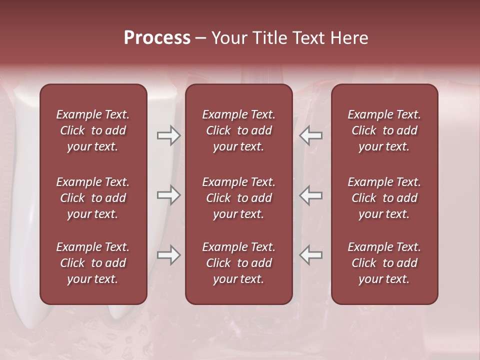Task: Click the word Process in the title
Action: [157, 38]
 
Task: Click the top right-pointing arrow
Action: [168, 135]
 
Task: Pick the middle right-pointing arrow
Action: [168, 195]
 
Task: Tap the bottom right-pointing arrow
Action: [168, 255]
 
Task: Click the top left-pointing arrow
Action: [311, 135]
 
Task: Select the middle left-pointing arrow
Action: [311, 195]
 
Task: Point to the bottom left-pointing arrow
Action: [311, 255]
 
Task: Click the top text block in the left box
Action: [93, 130]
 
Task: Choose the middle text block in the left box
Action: [93, 198]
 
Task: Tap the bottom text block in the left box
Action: [93, 263]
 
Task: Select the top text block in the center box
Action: [238, 130]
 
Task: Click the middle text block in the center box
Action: [238, 198]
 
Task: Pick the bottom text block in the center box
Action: [238, 263]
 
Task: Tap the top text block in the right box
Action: [384, 130]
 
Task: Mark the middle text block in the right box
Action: [384, 198]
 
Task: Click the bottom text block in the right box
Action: [384, 263]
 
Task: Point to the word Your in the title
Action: [228, 38]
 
